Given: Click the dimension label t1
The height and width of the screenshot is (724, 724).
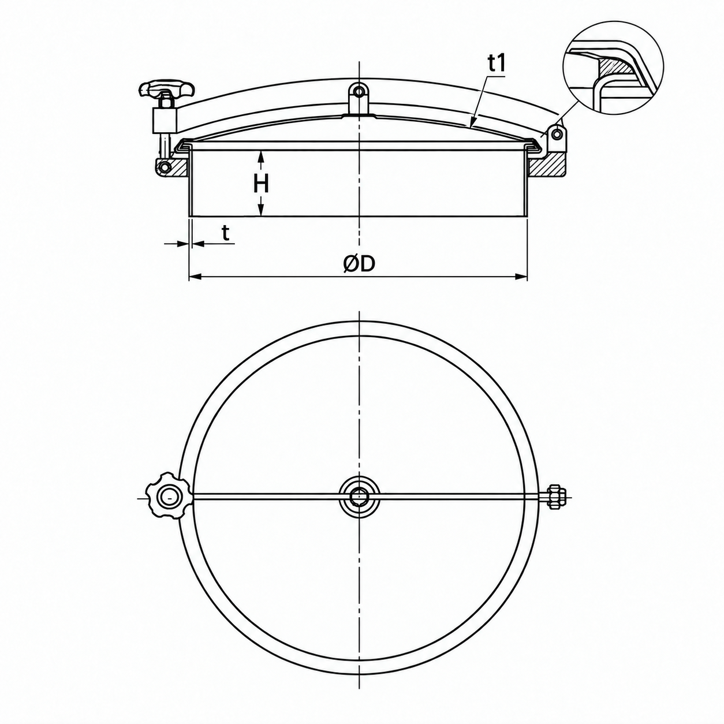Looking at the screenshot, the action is pyautogui.click(x=497, y=65).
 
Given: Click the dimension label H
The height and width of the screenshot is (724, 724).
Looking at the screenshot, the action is pyautogui.click(x=261, y=184).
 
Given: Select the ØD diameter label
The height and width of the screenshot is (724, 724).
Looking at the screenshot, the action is pyautogui.click(x=359, y=264).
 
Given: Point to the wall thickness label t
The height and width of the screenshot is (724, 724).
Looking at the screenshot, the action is pyautogui.click(x=225, y=233).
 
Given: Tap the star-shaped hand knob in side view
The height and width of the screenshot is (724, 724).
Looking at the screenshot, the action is pyautogui.click(x=167, y=89).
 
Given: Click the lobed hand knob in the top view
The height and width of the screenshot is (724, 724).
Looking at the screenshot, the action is pyautogui.click(x=167, y=498).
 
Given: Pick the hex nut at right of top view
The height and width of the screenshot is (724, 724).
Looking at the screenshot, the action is pyautogui.click(x=555, y=498).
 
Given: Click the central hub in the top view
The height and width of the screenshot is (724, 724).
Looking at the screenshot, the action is pyautogui.click(x=359, y=498).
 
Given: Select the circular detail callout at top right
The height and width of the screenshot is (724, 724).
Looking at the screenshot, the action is pyautogui.click(x=613, y=66).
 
